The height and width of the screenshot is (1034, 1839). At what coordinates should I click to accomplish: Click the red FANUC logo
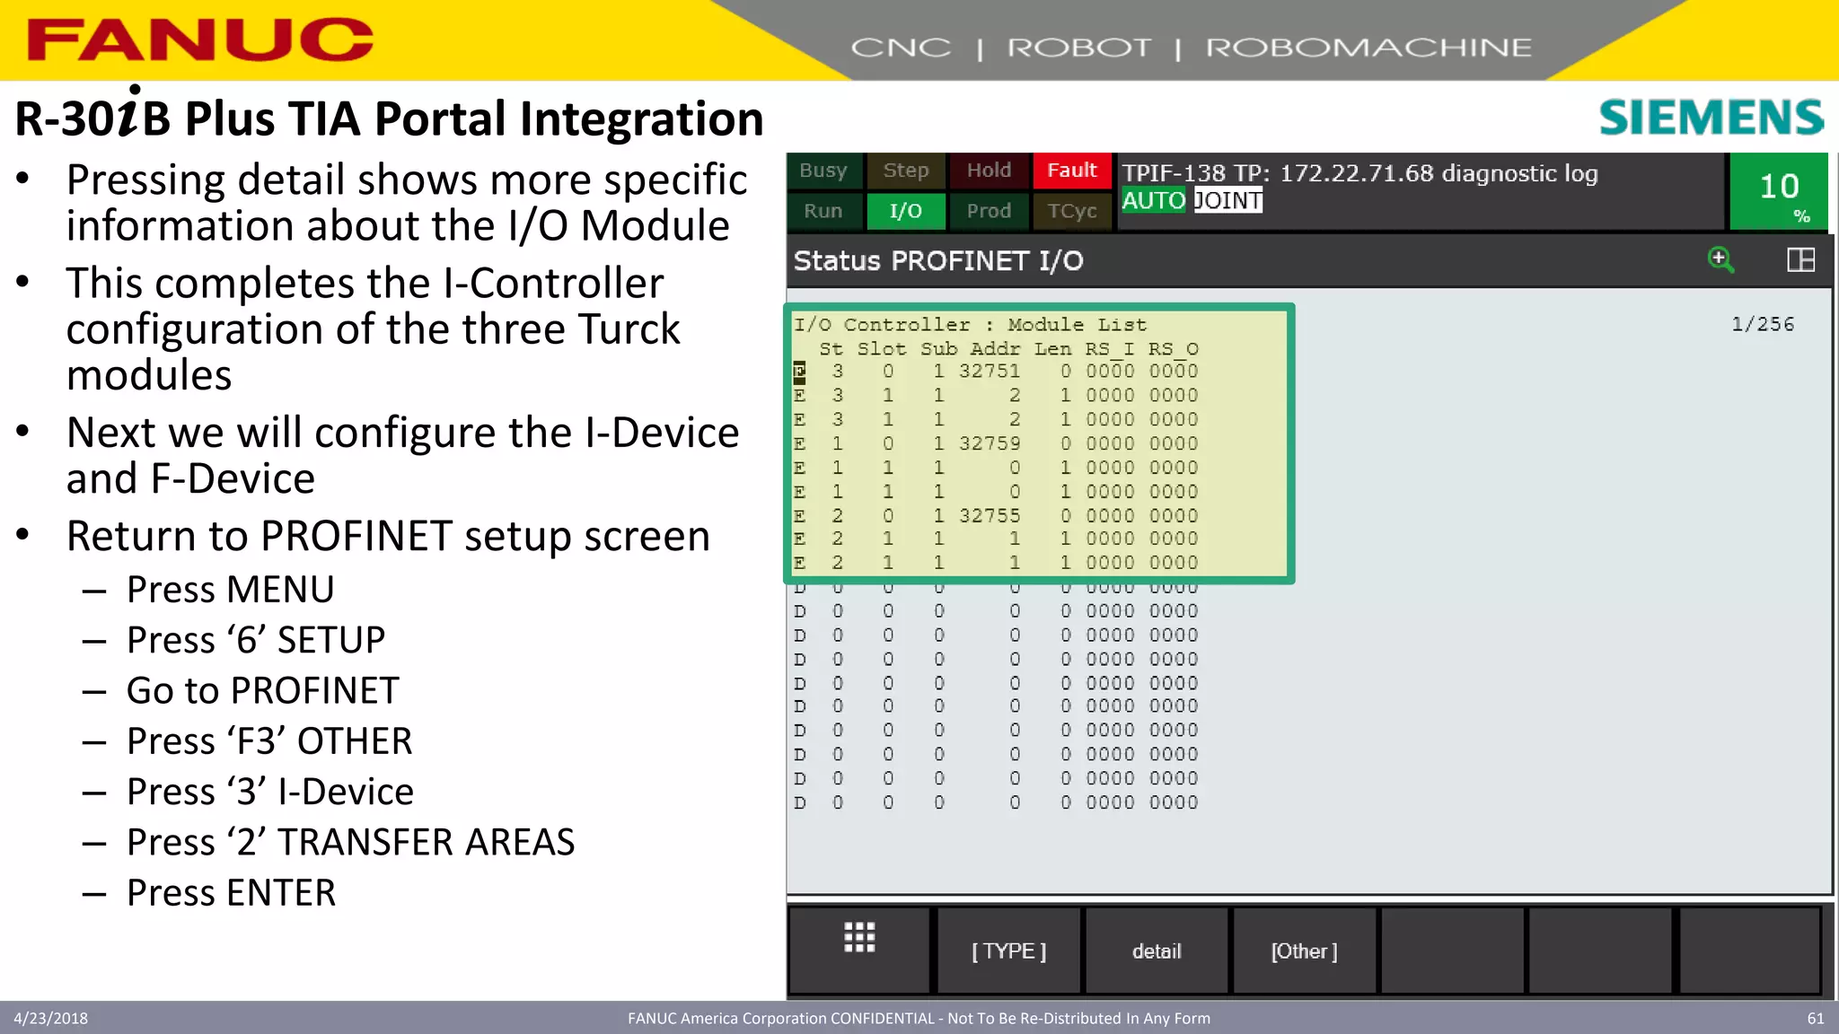(199, 39)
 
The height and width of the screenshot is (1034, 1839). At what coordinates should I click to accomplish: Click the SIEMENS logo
(1711, 118)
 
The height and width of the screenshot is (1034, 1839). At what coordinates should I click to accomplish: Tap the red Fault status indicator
(1071, 171)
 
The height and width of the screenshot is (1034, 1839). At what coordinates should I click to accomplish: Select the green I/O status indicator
(905, 211)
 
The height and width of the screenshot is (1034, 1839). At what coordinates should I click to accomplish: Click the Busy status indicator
(823, 171)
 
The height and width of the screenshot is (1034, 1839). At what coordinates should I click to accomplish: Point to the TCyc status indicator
(1071, 211)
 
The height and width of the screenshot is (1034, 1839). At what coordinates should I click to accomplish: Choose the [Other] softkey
(1304, 951)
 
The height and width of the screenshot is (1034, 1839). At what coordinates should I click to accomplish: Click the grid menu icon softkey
(859, 938)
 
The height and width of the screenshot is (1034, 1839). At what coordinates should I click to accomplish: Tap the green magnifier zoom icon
(1720, 259)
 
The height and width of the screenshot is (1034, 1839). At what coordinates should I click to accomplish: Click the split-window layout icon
(1800, 259)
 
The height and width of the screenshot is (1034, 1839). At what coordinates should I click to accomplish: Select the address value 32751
(989, 371)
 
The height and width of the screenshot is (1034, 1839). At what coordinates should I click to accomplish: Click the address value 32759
(989, 443)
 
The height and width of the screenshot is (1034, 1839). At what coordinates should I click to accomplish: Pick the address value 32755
(989, 515)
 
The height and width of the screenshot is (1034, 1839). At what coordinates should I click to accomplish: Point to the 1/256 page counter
(1762, 324)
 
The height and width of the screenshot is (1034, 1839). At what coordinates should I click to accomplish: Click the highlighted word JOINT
(1227, 200)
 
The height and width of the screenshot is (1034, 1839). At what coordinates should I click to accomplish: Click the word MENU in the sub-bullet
(280, 590)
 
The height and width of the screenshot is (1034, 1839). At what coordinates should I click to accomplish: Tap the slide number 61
(1815, 1018)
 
